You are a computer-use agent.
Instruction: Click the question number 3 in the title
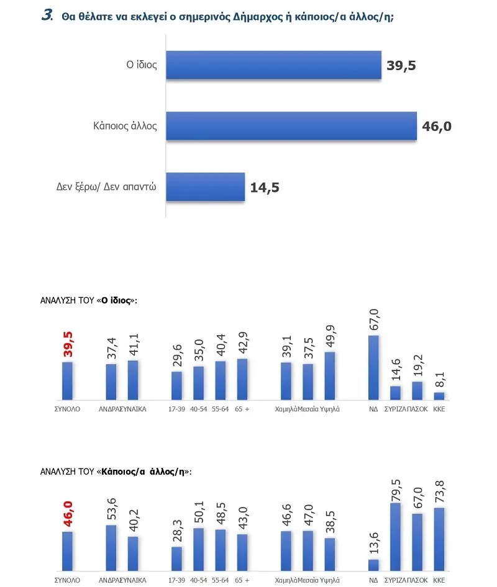click(x=47, y=16)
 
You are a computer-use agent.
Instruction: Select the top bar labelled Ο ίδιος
click(x=273, y=65)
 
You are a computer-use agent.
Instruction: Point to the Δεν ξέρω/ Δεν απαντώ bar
click(x=206, y=187)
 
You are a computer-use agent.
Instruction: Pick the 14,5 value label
click(x=265, y=187)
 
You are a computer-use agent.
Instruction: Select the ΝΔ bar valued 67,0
click(x=373, y=367)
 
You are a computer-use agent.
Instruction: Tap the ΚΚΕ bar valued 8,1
click(x=439, y=396)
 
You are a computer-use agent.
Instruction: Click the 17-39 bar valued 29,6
click(x=176, y=385)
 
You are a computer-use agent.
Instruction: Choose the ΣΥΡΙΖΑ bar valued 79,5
click(x=395, y=537)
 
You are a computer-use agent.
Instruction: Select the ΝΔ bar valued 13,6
click(x=373, y=564)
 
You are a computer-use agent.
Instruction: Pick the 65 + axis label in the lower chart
click(x=242, y=580)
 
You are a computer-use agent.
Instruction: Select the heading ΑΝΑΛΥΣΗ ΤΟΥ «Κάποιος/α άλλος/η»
click(x=115, y=472)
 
